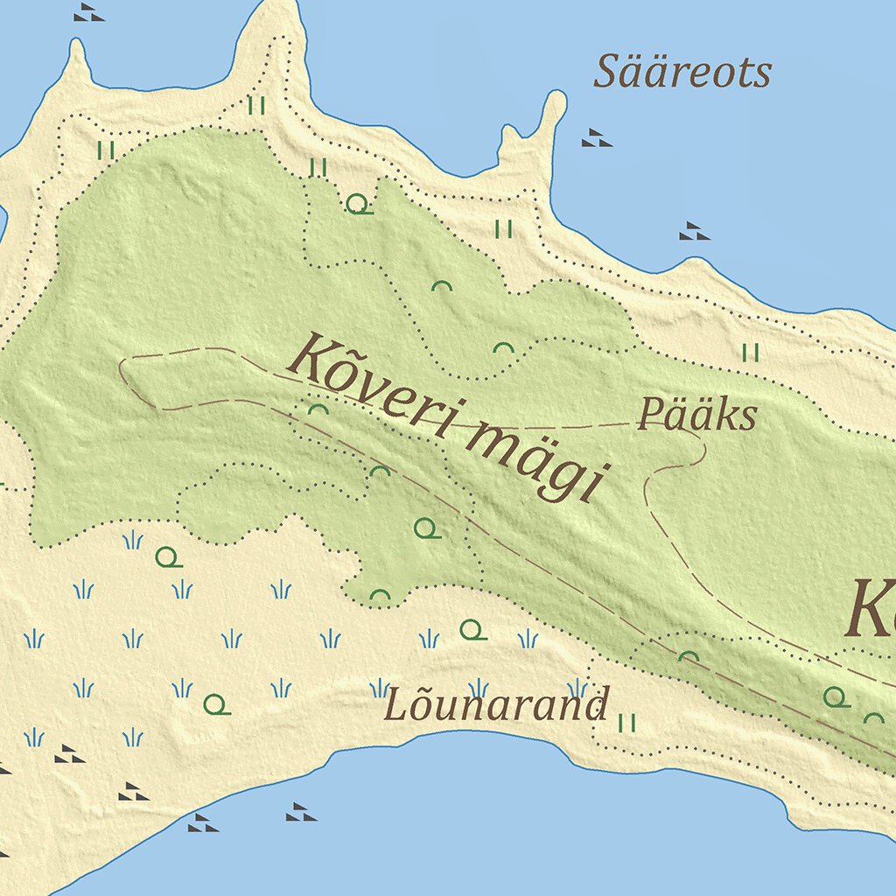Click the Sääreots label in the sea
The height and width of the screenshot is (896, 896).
coord(682,72)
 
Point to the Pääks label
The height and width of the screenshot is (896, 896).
coord(696,415)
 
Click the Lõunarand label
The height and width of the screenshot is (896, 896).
coord(496,705)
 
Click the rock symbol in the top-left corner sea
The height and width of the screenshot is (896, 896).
coord(88,12)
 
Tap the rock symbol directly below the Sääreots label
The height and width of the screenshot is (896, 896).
coord(597,137)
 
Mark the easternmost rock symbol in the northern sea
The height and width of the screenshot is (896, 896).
coord(694,231)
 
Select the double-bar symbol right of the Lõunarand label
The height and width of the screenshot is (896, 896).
coord(626,723)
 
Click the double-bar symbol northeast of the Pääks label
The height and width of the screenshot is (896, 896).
coord(750,353)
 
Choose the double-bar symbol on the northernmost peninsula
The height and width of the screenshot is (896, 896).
coord(255,106)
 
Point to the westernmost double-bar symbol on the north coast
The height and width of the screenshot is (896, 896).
coord(107,150)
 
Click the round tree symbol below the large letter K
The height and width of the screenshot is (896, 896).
coord(836,697)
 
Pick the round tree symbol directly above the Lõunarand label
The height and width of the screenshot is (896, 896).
coord(472,630)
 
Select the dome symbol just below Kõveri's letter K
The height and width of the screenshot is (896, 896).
coord(318,409)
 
